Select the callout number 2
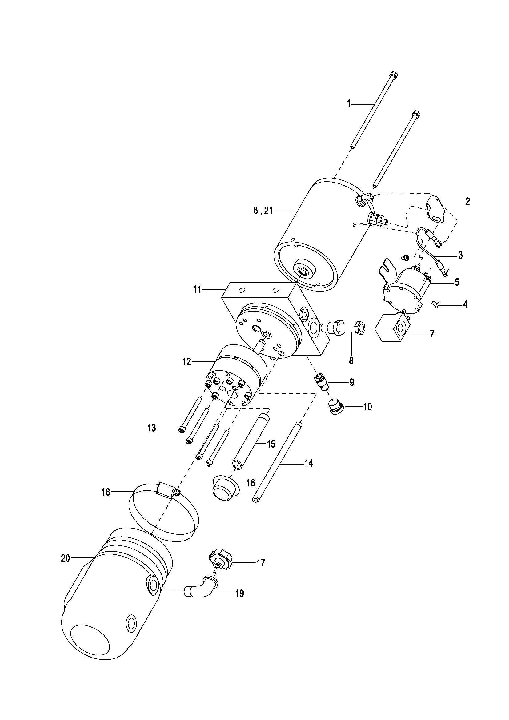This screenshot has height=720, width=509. [x=467, y=201]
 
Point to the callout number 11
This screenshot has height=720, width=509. [x=197, y=289]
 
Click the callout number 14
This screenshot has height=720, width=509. [x=309, y=463]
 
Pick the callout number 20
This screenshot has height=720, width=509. [x=66, y=558]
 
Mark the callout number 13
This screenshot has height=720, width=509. [x=152, y=428]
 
